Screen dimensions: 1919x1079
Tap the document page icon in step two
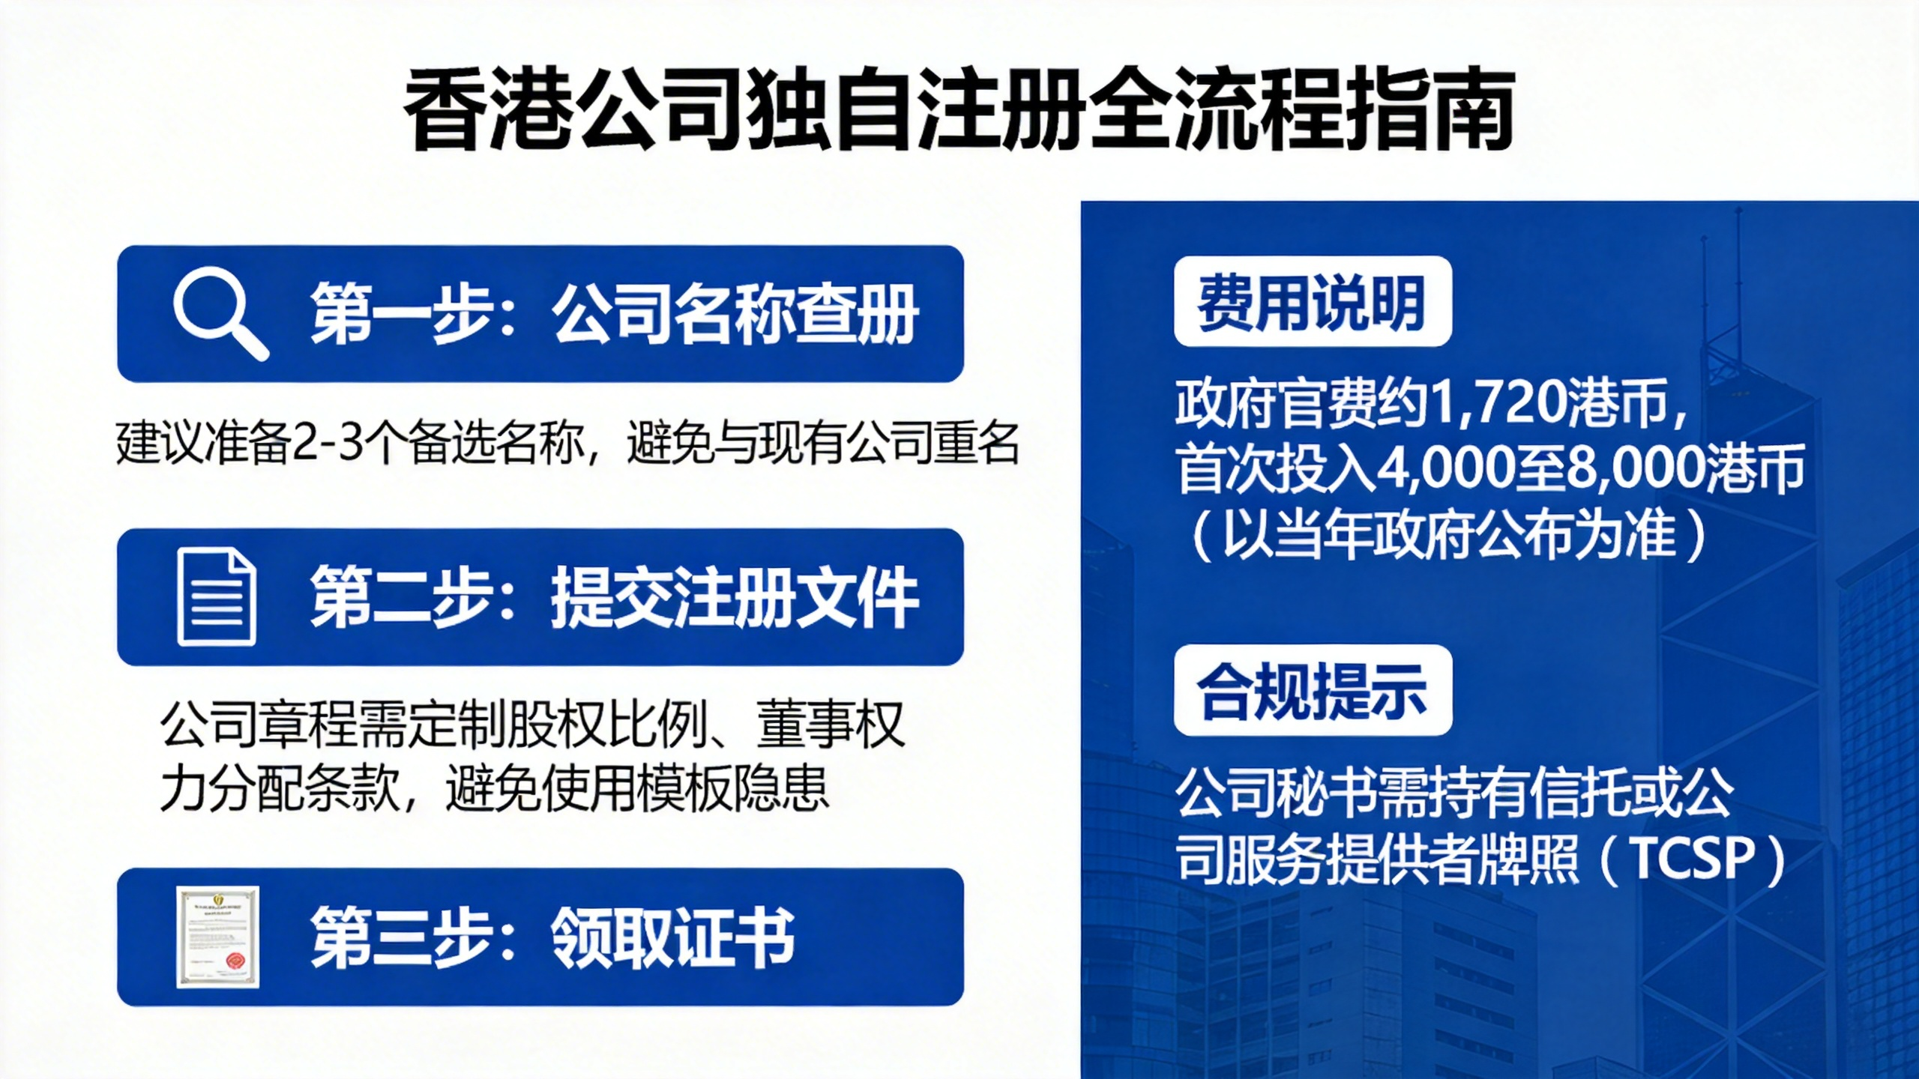click(217, 596)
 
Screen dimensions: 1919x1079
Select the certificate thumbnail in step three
click(218, 937)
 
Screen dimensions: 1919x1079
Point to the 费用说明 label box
click(1313, 301)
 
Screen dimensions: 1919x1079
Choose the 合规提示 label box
click(1313, 690)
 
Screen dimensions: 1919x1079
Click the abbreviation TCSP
click(1695, 859)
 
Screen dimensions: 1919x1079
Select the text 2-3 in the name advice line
click(328, 444)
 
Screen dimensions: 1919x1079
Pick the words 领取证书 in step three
click(672, 937)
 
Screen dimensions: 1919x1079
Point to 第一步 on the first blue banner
click(401, 314)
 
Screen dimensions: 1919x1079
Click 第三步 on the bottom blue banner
click(401, 937)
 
